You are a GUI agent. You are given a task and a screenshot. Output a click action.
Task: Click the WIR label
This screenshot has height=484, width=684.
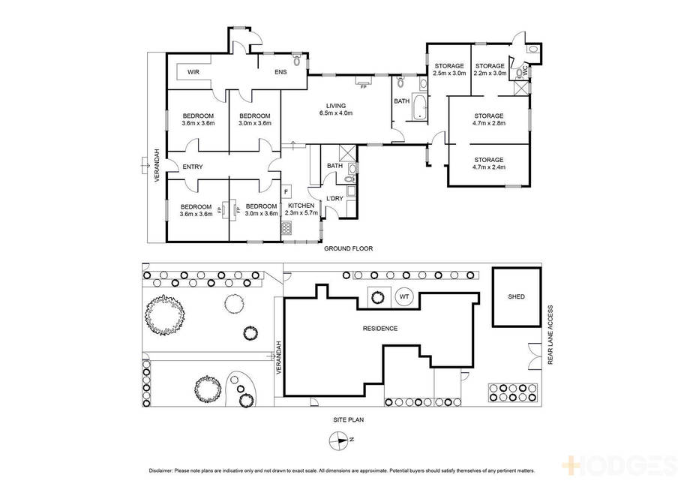(193, 72)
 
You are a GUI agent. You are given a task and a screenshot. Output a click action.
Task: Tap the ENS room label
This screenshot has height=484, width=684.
(280, 72)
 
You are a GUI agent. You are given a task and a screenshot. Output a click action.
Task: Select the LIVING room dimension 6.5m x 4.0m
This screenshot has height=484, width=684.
(336, 113)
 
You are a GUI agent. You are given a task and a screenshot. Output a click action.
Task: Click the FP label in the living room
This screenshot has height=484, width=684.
(363, 87)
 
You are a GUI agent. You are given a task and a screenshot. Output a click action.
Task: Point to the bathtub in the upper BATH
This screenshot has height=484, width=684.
(419, 107)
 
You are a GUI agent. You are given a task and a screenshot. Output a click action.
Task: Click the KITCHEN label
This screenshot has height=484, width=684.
(301, 206)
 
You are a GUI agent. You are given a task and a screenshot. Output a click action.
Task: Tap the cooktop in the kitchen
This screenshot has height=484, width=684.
(286, 228)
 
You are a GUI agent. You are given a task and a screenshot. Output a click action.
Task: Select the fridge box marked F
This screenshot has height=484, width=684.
(286, 191)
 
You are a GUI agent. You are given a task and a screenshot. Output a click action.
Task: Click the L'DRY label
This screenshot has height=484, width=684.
(335, 199)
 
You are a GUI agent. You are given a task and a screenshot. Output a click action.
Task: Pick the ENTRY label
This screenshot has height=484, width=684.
(192, 167)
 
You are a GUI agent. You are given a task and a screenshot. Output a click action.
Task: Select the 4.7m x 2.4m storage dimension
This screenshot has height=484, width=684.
(489, 167)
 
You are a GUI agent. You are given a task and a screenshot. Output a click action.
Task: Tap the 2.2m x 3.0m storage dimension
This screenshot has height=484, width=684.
(490, 74)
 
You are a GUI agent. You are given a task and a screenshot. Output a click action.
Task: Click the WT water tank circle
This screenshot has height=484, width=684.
(404, 296)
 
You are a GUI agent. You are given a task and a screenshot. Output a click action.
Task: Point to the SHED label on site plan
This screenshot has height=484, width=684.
(517, 296)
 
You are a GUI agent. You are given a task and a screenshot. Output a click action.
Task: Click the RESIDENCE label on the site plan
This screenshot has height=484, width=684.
(380, 329)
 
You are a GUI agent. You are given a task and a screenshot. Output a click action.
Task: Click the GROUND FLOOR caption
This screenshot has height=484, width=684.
(348, 249)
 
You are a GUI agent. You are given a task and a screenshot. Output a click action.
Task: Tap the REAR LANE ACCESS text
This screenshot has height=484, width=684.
(550, 335)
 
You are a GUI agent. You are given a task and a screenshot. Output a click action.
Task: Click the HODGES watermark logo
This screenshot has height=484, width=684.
(619, 465)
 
